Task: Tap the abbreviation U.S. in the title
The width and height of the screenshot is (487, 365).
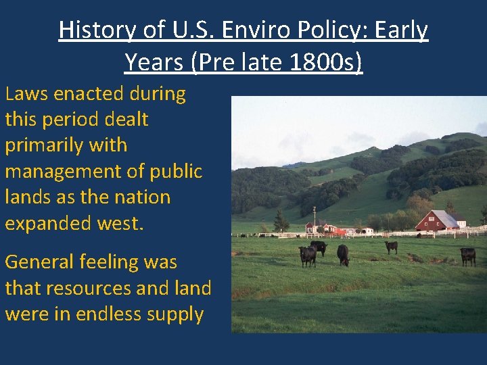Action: pyautogui.click(x=187, y=30)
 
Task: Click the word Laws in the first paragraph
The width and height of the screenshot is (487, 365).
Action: pyautogui.click(x=28, y=94)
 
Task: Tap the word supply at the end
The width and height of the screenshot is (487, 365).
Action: pyautogui.click(x=178, y=314)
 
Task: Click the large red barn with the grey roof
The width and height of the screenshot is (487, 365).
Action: pyautogui.click(x=438, y=220)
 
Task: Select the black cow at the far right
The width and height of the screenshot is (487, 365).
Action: pyautogui.click(x=467, y=255)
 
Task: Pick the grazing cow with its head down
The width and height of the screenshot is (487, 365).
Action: pyautogui.click(x=343, y=255)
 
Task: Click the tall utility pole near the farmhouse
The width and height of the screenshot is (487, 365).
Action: pyautogui.click(x=315, y=217)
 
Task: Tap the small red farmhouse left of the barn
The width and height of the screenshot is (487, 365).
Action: pyautogui.click(x=318, y=226)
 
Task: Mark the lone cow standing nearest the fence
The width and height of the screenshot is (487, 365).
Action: pyautogui.click(x=392, y=247)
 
